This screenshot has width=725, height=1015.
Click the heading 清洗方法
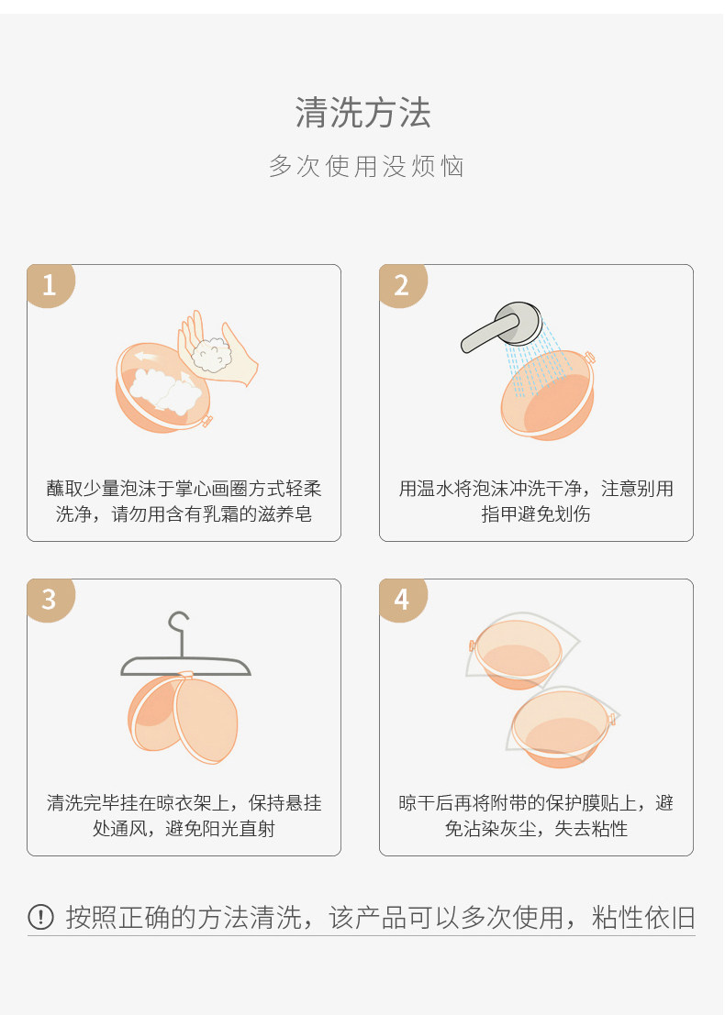point(362,113)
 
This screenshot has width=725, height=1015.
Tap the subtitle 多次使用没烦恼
point(367,166)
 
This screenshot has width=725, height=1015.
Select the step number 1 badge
point(50,285)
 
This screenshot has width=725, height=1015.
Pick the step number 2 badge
point(403,285)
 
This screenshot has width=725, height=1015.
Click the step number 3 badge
point(50,600)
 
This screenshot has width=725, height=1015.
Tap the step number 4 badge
point(403,600)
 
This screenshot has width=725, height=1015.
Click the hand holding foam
point(217,349)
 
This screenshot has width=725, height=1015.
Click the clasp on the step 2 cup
point(589,358)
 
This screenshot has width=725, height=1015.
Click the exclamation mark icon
point(40,917)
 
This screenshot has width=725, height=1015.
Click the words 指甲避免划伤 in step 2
point(536,514)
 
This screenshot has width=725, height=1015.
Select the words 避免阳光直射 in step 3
point(220,829)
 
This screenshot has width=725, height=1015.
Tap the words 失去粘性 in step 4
point(591,829)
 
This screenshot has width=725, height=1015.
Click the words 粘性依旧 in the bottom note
point(643,917)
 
